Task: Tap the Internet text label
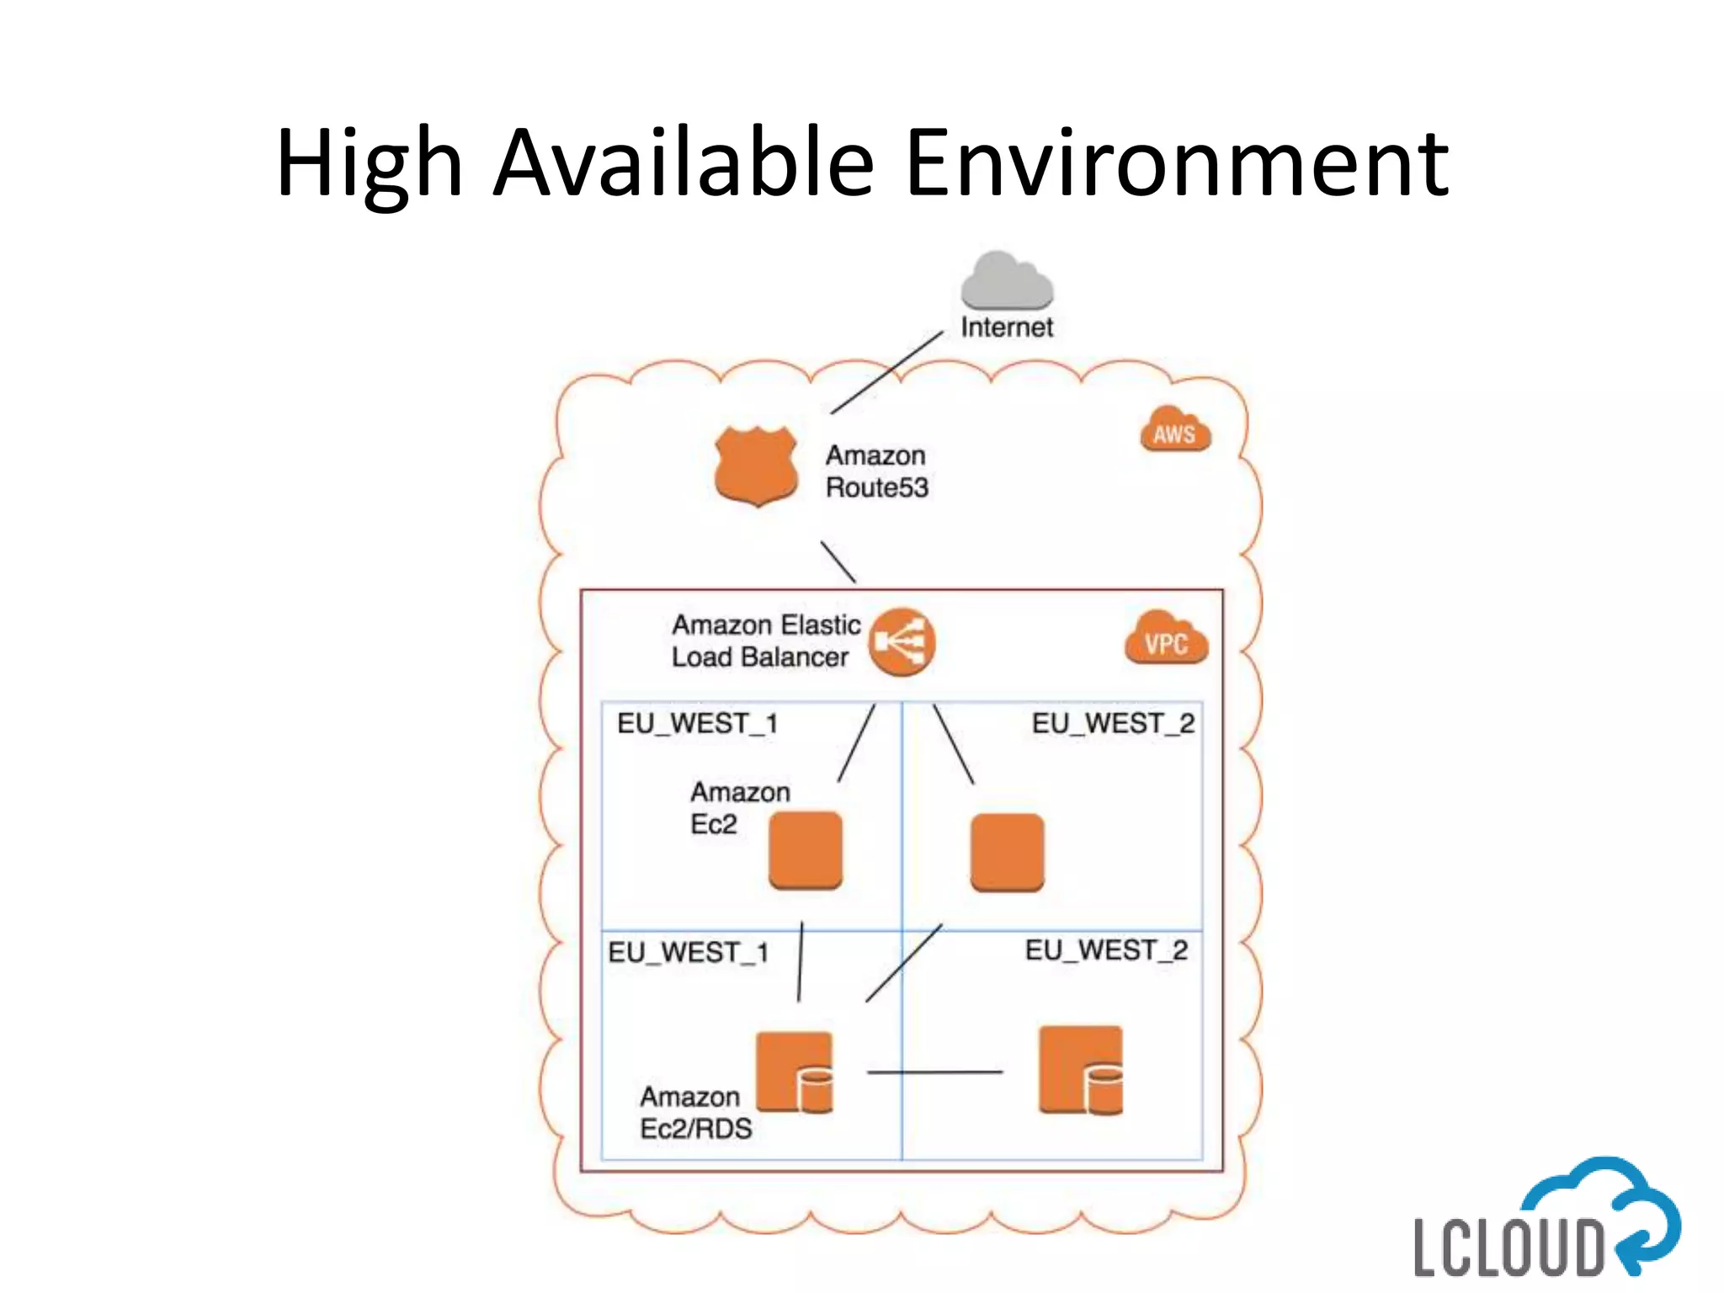pyautogui.click(x=1007, y=327)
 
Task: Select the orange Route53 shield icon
pyautogui.click(x=756, y=466)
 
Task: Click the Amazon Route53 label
pyautogui.click(x=876, y=471)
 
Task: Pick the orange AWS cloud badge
pyautogui.click(x=1175, y=431)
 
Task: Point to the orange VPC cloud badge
pyautogui.click(x=1166, y=640)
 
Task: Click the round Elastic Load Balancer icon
pyautogui.click(x=902, y=642)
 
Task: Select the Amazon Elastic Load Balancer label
pyautogui.click(x=765, y=641)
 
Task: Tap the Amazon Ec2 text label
pyautogui.click(x=739, y=808)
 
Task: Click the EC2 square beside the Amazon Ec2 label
pyautogui.click(x=806, y=850)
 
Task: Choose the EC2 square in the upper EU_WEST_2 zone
pyautogui.click(x=1007, y=852)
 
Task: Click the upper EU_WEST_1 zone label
pyautogui.click(x=697, y=724)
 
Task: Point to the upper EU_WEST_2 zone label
pyautogui.click(x=1113, y=724)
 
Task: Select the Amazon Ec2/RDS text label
pyautogui.click(x=695, y=1113)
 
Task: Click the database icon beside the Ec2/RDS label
pyautogui.click(x=795, y=1072)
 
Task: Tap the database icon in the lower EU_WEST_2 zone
pyautogui.click(x=1081, y=1070)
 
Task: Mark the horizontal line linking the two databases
pyautogui.click(x=934, y=1072)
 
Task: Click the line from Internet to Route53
pyautogui.click(x=886, y=372)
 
